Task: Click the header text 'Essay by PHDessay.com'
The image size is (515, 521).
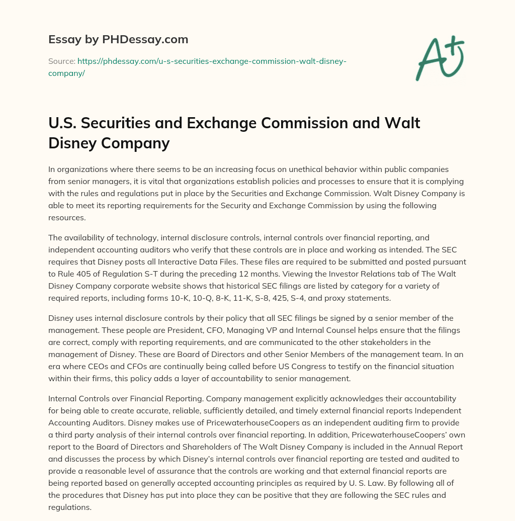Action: [118, 39]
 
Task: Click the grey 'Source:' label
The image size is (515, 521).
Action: [61, 61]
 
